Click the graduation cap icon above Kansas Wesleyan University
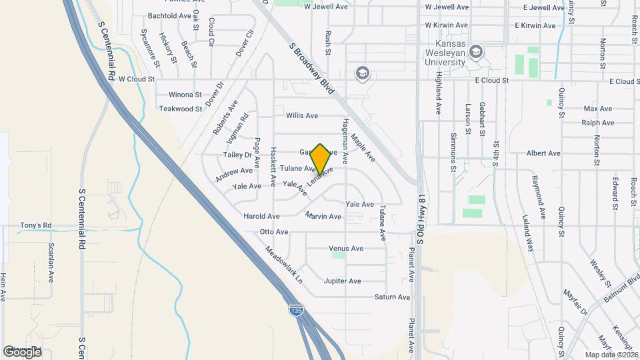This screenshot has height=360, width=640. (476, 51)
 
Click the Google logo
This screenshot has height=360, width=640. (22, 351)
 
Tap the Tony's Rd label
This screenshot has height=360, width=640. (36, 225)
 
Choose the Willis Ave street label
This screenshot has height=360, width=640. (302, 115)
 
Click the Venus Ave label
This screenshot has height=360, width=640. (347, 249)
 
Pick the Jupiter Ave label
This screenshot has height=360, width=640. (342, 281)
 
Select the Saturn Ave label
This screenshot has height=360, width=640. (392, 297)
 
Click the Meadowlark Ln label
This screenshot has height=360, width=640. (283, 265)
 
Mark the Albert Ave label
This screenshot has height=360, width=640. (543, 153)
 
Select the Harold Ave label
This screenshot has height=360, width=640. (261, 217)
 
